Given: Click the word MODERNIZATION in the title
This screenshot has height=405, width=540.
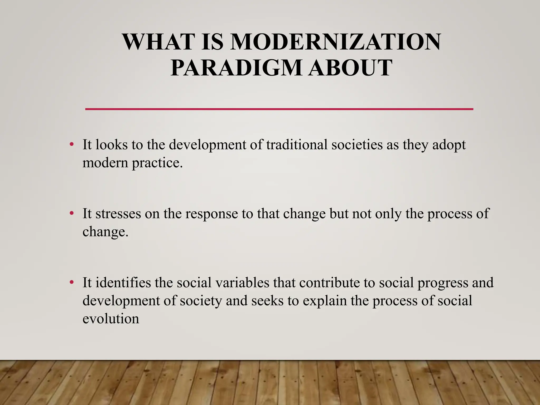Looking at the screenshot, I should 335,42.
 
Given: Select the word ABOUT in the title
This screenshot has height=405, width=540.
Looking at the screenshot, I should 351,68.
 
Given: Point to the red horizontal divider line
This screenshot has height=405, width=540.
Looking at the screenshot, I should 279,109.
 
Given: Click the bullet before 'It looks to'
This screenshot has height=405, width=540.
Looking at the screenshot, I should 71,145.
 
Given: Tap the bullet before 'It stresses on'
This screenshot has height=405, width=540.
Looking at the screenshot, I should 71,214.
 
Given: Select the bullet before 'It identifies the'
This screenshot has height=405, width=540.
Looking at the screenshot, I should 71,283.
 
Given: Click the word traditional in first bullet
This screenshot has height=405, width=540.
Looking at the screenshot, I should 297,145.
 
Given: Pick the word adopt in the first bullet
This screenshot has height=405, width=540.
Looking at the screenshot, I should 449,145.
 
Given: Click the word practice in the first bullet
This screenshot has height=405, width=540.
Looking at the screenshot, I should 157,163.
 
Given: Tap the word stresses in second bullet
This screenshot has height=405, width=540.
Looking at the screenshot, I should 118,214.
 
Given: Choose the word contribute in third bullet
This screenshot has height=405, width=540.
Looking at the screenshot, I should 329,283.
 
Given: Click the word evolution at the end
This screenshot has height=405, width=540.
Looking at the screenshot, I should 111,319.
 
